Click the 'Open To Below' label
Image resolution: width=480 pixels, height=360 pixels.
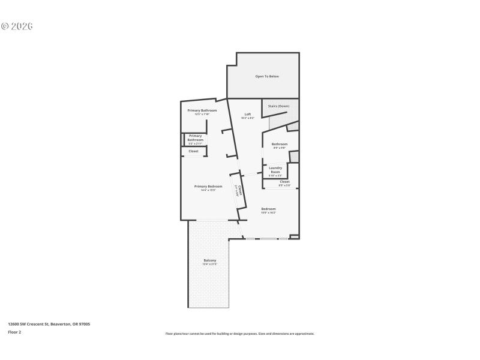point(267,76)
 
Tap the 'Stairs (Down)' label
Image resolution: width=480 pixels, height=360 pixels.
point(278,106)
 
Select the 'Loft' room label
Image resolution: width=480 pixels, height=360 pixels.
point(247,114)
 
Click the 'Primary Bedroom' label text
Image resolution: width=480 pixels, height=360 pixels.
point(208,187)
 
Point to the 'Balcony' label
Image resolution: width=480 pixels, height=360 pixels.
point(209,260)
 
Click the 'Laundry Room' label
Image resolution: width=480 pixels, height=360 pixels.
point(275,170)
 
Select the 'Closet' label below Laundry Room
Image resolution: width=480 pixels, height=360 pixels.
point(284,181)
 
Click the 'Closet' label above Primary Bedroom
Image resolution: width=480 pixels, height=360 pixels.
point(193,151)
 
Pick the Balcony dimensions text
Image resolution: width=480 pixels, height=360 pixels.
point(209,265)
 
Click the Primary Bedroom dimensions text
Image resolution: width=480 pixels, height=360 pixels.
point(208,190)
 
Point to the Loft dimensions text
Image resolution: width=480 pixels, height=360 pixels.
point(247,118)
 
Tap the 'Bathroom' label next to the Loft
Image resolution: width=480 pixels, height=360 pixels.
point(280,144)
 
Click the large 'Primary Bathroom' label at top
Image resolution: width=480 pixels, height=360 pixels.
point(202,110)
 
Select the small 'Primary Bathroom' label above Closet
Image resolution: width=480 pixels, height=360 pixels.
point(196,138)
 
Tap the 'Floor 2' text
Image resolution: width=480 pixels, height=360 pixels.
point(14,332)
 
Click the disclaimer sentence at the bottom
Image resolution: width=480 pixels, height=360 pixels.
point(239,334)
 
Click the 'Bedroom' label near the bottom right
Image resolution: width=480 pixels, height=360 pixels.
point(268,209)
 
